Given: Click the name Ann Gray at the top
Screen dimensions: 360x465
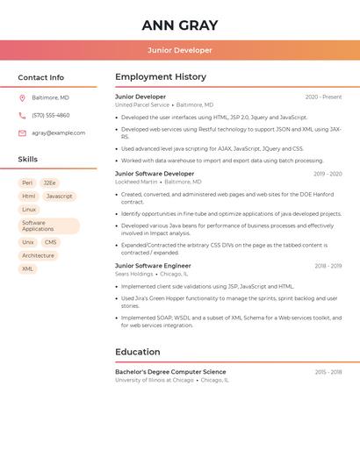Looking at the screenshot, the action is (x=179, y=25).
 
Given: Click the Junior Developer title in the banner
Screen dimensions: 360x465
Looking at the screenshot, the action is (x=179, y=50).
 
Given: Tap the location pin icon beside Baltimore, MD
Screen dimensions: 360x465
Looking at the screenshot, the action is (x=22, y=97).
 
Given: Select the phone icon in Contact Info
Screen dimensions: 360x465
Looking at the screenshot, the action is (x=22, y=115).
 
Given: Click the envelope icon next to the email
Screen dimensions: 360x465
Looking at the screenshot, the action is (x=22, y=132).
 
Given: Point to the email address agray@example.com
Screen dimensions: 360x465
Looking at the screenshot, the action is (x=58, y=132).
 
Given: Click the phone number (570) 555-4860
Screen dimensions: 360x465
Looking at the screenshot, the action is (x=50, y=115).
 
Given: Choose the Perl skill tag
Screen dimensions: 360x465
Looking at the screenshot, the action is (x=27, y=182).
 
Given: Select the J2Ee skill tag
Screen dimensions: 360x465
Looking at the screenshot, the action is (x=50, y=182).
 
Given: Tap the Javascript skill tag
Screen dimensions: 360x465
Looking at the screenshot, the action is (x=59, y=197).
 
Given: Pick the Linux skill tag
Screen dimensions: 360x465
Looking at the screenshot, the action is (x=29, y=210).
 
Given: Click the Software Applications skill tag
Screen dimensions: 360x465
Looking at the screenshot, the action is (x=48, y=225).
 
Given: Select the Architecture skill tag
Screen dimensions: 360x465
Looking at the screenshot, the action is (x=38, y=255).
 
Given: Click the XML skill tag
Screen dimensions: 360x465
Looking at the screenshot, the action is (x=28, y=268).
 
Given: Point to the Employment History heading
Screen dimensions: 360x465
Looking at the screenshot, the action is (x=161, y=77).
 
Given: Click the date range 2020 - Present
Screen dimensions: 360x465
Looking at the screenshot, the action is (x=323, y=97).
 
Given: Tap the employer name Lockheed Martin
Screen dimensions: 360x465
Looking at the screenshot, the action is (x=136, y=182).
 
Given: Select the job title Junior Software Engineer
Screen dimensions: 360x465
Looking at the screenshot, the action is (x=153, y=265).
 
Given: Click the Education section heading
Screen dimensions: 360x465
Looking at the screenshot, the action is (x=137, y=352).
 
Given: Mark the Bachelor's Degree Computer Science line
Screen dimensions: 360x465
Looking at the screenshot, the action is (x=170, y=372).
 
